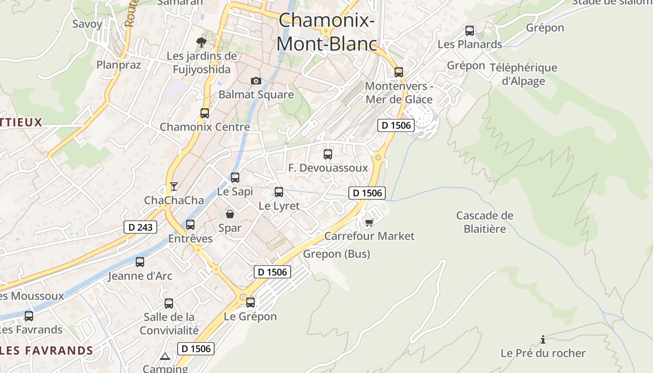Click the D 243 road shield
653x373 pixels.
pos(140,227)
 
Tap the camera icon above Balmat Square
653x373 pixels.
pos(256,81)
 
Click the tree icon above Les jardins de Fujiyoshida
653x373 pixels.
pos(201,42)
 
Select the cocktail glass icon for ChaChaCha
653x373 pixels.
pos(174,186)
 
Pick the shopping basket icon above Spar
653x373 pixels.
pos(230,214)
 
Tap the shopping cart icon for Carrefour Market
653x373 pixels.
pos(369,222)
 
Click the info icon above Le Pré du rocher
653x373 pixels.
pos(542,339)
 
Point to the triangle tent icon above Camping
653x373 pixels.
pos(165,357)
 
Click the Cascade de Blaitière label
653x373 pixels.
pos(485,222)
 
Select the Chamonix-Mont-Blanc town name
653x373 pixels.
pos(326,32)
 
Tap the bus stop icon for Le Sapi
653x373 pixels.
pos(235,177)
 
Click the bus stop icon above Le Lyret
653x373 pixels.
pos(279,192)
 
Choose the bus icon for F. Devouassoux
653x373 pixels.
pos(328,154)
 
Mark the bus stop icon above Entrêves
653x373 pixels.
pos(190,224)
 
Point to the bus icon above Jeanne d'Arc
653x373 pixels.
pos(140,262)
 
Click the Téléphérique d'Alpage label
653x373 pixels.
pos(523,74)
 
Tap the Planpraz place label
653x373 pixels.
pos(118,64)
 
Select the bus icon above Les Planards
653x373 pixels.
pos(470,31)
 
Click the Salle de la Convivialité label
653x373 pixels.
pos(169,324)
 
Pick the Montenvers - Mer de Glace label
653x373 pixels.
pos(399,93)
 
